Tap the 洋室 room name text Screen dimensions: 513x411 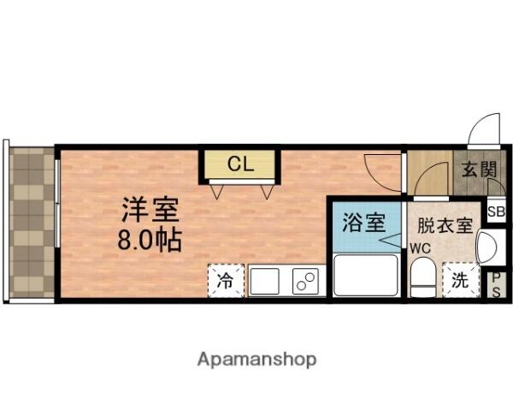click(x=150, y=210)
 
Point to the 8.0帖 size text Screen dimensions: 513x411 click(x=150, y=241)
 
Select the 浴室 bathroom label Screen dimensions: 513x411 click(x=363, y=223)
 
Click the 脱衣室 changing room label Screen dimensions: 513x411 click(x=445, y=225)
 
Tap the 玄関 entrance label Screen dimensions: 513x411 click(x=480, y=170)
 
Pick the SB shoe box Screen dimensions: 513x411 click(x=496, y=211)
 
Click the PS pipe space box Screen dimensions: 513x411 click(x=496, y=285)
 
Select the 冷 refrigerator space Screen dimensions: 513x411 click(x=226, y=281)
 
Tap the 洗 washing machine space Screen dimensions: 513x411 click(x=461, y=280)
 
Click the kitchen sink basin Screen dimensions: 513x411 click(x=265, y=281)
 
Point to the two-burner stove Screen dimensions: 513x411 click(x=305, y=281)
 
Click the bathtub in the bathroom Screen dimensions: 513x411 click(x=366, y=276)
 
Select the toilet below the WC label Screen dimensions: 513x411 click(x=423, y=277)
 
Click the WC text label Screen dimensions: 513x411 click(x=421, y=249)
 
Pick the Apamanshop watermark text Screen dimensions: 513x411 click(x=256, y=360)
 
